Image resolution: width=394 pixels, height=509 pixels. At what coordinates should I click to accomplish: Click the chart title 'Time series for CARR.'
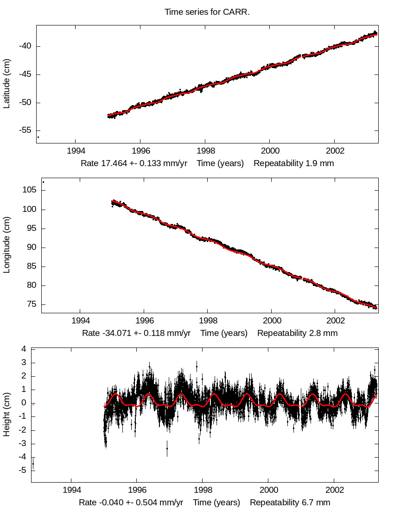coord(207,12)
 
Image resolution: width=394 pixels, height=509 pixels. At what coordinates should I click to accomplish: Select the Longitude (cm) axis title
coord(6,245)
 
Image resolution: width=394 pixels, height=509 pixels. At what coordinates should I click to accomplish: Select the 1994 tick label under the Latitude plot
coord(75,151)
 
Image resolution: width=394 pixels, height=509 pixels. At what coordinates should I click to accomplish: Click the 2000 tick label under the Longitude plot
coord(272,321)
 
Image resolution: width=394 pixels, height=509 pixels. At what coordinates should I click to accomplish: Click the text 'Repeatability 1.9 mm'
coord(293,163)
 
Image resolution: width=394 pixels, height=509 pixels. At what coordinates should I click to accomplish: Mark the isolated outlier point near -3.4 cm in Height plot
coord(167,448)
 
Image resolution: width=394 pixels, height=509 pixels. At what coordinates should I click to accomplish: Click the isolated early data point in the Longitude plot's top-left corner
coord(43,182)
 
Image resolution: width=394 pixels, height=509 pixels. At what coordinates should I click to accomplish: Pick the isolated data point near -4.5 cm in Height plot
coord(33,464)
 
